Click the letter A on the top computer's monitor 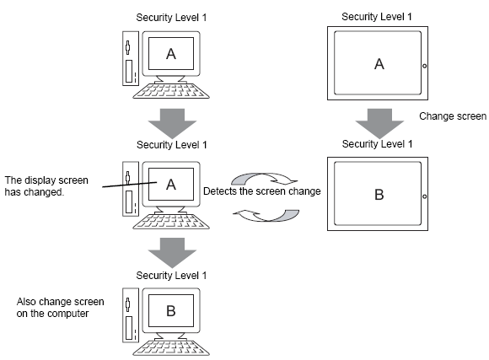click(171, 54)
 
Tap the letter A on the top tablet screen click(379, 64)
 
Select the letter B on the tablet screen click(379, 195)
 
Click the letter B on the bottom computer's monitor click(171, 311)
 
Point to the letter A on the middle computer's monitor click(171, 185)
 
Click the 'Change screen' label click(453, 116)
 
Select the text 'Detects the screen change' click(262, 191)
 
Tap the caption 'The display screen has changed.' click(46, 186)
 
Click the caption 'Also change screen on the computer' click(60, 307)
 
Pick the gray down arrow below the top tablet click(379, 123)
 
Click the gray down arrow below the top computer click(172, 123)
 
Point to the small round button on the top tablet click(424, 66)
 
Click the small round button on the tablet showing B click(424, 196)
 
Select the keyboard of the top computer click(171, 91)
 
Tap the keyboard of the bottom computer click(171, 348)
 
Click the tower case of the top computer click(131, 58)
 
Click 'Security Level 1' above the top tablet click(377, 17)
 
